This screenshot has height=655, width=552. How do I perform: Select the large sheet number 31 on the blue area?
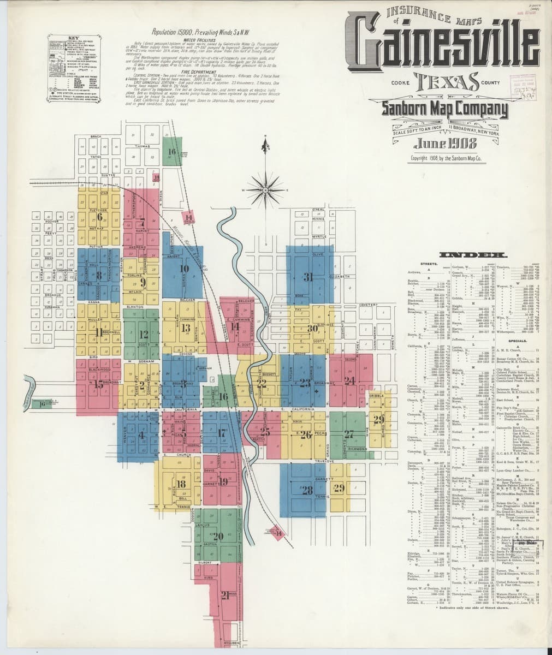pos(308,277)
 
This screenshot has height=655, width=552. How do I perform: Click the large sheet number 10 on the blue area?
pos(184,269)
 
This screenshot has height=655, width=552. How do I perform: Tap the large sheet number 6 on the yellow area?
pos(100,217)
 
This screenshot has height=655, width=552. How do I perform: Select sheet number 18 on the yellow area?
pos(181,484)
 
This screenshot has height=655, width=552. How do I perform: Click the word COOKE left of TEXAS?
pos(400,82)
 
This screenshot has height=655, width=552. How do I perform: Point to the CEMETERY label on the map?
pos(369,305)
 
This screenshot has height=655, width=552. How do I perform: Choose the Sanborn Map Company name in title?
pos(444,110)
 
